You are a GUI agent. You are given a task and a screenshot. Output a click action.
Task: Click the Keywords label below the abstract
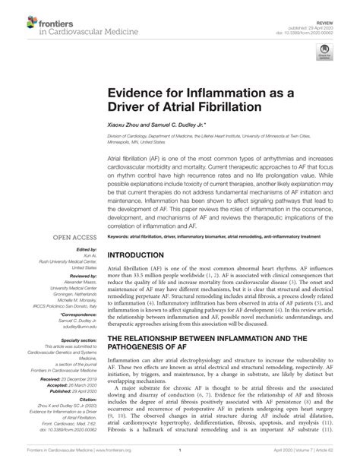(x=122, y=237)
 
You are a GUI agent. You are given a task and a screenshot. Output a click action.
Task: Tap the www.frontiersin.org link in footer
(x=100, y=461)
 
